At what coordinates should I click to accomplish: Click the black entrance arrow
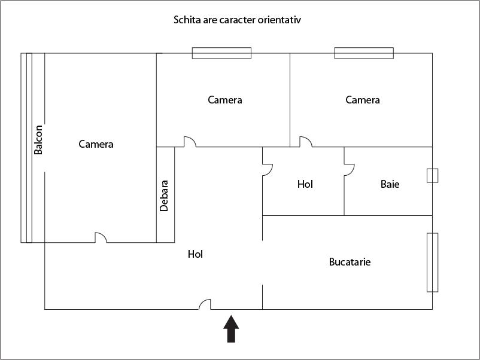(231, 330)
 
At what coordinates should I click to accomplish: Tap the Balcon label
(38, 140)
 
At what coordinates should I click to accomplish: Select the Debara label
(164, 196)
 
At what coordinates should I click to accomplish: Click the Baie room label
(390, 184)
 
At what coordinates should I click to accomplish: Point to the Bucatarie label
(350, 262)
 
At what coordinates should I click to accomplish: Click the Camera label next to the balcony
(96, 144)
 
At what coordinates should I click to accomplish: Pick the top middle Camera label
(225, 100)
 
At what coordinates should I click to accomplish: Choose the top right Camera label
(363, 100)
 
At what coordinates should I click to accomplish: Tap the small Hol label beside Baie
(305, 184)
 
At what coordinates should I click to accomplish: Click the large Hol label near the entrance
(195, 254)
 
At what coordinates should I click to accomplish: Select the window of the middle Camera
(221, 53)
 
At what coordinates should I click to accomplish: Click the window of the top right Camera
(364, 53)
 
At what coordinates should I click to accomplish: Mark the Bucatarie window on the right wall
(432, 262)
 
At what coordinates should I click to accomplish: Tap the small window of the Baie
(432, 175)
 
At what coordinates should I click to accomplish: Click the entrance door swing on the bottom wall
(205, 304)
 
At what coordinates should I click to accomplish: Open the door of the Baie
(349, 169)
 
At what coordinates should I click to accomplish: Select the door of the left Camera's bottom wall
(101, 237)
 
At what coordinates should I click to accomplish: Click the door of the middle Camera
(190, 142)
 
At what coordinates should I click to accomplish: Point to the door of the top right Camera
(305, 142)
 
